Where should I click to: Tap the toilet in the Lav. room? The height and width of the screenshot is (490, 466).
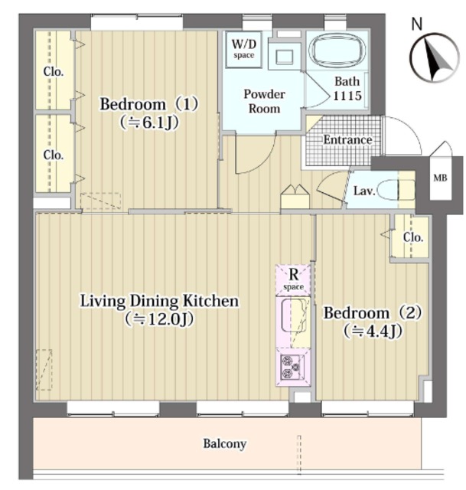click(396, 190)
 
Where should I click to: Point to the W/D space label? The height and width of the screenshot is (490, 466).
click(243, 49)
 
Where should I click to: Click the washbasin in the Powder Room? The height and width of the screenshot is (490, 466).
click(284, 57)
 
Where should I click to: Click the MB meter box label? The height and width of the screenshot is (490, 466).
click(440, 178)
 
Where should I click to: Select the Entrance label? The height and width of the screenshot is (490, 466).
click(347, 139)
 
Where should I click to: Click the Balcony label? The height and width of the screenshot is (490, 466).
click(225, 443)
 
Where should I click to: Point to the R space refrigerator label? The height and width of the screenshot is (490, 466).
click(293, 279)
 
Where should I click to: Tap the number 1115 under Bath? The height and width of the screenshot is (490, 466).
click(347, 95)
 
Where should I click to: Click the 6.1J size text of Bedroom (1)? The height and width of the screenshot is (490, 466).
click(149, 123)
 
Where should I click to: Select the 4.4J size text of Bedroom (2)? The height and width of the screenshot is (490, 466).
click(373, 332)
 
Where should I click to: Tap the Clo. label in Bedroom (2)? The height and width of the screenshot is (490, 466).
click(413, 237)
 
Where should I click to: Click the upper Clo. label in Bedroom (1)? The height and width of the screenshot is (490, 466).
click(54, 71)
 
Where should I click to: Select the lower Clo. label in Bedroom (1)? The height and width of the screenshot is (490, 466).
click(54, 155)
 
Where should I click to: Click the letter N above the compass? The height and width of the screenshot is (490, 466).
click(416, 24)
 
